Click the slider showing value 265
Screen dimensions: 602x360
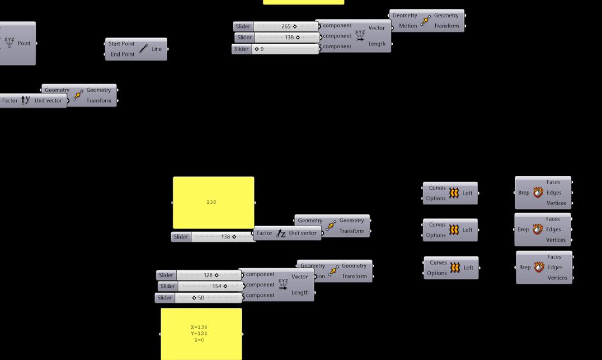click(285, 26)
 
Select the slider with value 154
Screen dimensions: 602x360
click(210, 286)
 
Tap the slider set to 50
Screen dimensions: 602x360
click(210, 298)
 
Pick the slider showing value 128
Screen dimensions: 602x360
click(209, 275)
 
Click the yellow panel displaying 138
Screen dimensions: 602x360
click(213, 202)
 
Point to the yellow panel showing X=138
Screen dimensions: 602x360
click(201, 334)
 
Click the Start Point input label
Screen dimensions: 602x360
click(121, 44)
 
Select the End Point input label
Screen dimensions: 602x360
click(123, 54)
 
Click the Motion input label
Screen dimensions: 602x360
click(408, 26)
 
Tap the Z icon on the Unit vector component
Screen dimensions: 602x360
click(281, 233)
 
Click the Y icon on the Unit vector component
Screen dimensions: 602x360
click(25, 100)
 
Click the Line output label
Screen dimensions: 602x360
click(157, 49)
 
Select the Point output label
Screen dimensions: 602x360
click(24, 43)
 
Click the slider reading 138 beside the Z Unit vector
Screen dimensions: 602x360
click(223, 237)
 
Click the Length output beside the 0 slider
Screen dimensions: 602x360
click(377, 44)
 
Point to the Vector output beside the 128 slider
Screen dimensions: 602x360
click(299, 277)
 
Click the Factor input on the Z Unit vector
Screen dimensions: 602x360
click(264, 233)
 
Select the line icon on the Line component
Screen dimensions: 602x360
click(143, 49)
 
